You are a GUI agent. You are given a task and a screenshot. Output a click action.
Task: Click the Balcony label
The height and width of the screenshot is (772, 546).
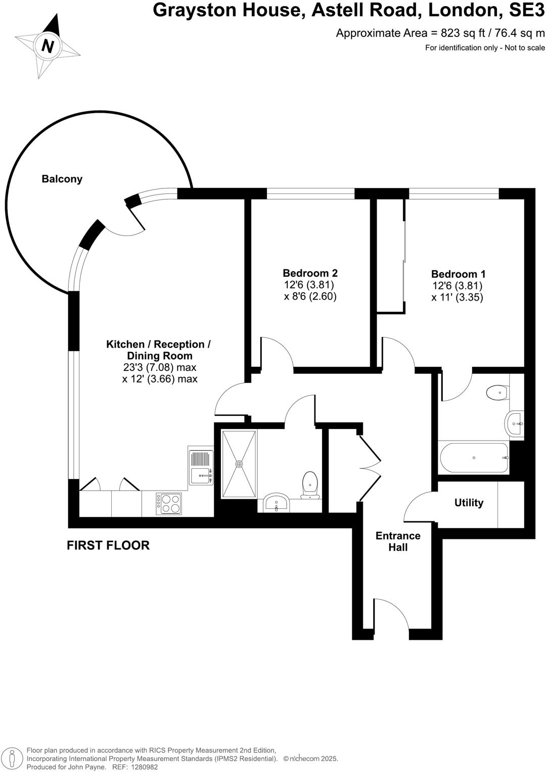point(62,179)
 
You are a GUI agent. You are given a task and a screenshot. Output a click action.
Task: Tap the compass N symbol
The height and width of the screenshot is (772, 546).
point(48,46)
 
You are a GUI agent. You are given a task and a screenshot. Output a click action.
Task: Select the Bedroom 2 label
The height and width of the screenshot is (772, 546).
point(310,273)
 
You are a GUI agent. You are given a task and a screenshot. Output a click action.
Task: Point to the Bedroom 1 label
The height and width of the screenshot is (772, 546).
point(458,274)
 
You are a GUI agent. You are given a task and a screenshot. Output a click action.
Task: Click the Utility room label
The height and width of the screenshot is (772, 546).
point(469,503)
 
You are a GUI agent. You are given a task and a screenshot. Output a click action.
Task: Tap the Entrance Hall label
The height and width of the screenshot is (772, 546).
point(398,541)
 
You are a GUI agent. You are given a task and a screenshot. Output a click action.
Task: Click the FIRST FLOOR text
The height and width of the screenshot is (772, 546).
point(108,545)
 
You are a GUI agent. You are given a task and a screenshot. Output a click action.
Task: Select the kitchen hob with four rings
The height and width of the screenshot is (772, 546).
point(169,503)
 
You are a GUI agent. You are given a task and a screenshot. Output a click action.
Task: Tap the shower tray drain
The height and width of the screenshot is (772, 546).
point(239,463)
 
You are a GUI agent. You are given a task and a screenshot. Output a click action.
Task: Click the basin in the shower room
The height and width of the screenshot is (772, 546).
point(276,504)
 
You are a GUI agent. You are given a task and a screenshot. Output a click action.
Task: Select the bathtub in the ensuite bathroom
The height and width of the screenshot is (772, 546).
point(474,458)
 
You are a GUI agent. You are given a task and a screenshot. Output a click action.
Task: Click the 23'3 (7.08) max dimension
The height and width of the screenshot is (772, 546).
point(160,367)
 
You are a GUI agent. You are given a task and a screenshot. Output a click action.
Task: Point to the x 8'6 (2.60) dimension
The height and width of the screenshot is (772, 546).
point(310,297)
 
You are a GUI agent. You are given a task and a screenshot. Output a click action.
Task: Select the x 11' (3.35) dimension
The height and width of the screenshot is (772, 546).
point(457,298)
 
